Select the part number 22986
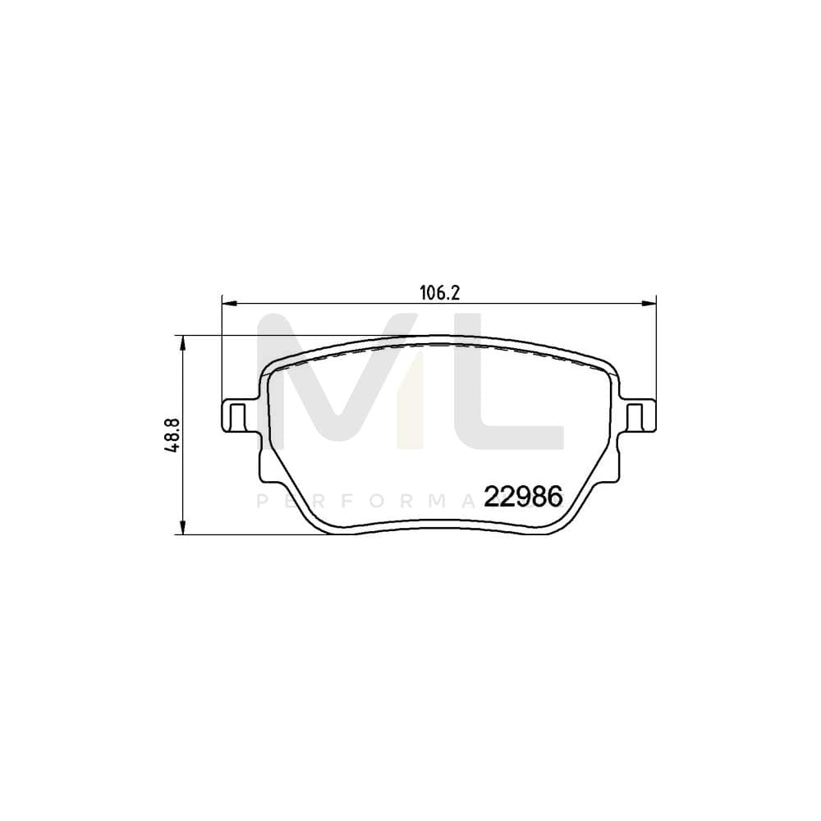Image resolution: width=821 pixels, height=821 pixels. coord(523,497)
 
